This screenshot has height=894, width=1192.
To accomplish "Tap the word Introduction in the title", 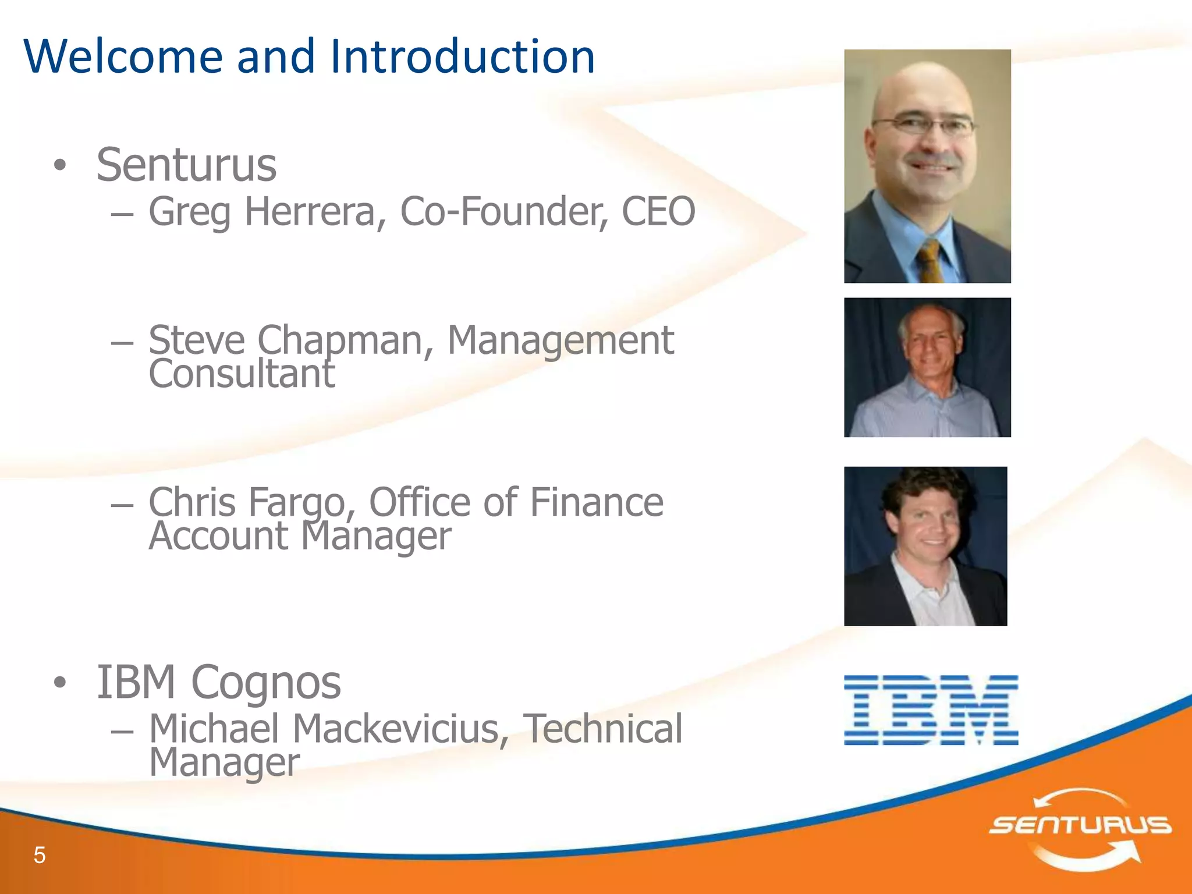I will coord(463,56).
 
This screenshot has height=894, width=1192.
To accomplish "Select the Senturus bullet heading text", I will coord(186,165).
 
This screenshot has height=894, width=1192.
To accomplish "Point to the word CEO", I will coord(658,211).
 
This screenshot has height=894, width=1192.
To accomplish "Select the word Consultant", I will coord(242,374).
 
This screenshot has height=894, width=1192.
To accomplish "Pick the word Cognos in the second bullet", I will coord(266,682).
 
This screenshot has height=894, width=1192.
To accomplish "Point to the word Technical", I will coord(602,729).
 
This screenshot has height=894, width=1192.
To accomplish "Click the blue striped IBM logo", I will coord(931,710).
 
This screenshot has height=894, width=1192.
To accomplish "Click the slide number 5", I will coord(40,855).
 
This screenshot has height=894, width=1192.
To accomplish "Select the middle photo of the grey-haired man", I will coord(927,367).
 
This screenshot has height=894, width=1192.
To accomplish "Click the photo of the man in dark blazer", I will coord(925,546).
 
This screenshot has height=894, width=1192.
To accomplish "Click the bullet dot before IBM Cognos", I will coord(60,683).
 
